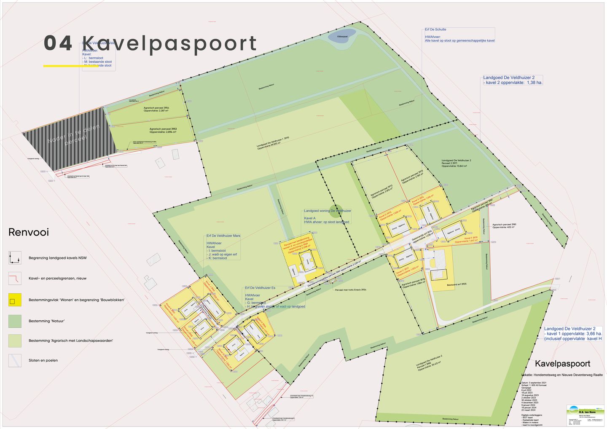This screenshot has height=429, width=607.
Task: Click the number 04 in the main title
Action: point(58,43)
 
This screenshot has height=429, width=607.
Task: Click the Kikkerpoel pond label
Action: point(342,37)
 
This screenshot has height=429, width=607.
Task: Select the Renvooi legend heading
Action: point(29,232)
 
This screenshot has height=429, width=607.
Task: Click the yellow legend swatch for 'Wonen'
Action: point(15,300)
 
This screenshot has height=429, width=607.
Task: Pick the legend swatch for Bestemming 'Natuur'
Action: point(15,321)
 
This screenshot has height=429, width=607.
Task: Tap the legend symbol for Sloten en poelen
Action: point(15,360)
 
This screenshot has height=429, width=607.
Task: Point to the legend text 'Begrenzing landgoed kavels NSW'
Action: point(57,258)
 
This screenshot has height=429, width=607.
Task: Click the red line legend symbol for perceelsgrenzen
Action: point(15,278)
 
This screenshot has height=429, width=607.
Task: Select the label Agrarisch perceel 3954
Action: point(156,108)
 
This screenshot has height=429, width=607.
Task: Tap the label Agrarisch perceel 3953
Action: point(163,129)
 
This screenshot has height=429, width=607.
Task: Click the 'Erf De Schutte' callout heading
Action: point(435,29)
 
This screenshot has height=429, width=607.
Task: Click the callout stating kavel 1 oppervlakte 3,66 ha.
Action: point(572,333)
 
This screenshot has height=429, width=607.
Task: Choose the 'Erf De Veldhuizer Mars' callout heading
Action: point(223,236)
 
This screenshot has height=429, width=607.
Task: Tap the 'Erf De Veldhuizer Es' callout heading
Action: point(260,288)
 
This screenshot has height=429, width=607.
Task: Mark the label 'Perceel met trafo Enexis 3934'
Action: point(350,290)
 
